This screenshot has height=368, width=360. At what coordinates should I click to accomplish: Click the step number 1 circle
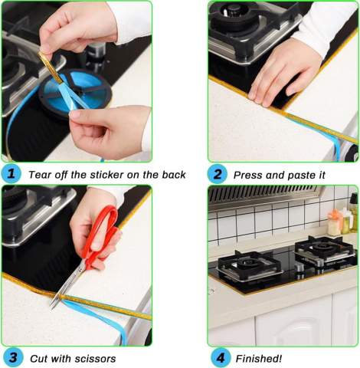pos(11,174)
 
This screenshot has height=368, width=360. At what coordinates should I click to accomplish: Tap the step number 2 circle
pos(217,174)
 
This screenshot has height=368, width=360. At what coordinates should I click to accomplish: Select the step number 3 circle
pos(13,357)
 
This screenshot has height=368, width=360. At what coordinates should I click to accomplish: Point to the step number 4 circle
pos(220,358)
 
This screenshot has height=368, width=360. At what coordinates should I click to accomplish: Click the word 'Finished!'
pos(259,359)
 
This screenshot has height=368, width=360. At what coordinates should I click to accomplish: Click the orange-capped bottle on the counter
pos(335,223)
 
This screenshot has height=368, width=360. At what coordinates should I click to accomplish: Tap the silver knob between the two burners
pos(299,268)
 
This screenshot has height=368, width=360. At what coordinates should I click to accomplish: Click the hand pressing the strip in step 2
pos(286,74)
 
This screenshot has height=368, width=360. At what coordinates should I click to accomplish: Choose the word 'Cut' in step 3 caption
pos(38,359)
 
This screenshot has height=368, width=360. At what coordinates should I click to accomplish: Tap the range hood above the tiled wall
pos(263,197)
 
